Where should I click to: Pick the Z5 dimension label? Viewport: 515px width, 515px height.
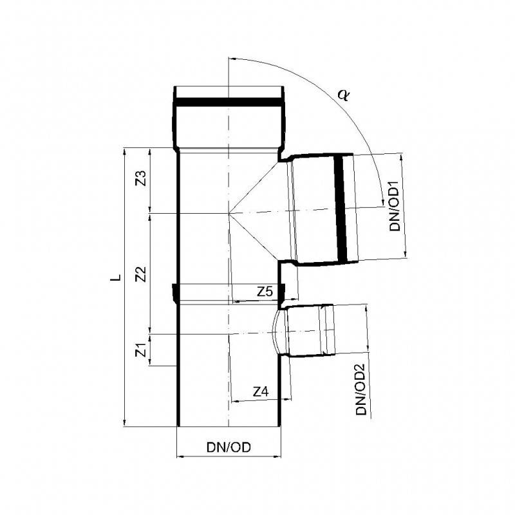pyautogui.click(x=265, y=292)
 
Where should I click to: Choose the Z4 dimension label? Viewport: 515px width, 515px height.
pyautogui.click(x=260, y=391)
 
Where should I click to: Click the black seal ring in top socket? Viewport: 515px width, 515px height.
pyautogui.click(x=228, y=102)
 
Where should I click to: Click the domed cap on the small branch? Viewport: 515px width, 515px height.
pyautogui.click(x=277, y=331)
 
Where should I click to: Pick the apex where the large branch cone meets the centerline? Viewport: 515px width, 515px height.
pyautogui.click(x=228, y=212)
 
